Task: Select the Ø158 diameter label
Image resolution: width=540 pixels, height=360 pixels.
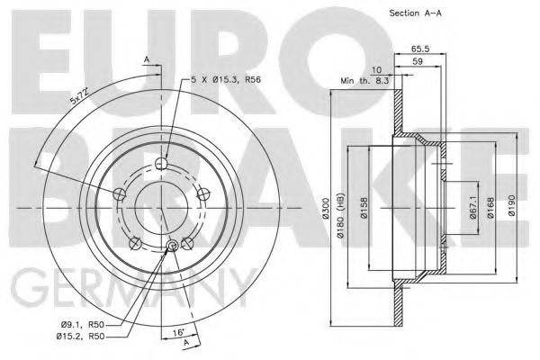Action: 369,215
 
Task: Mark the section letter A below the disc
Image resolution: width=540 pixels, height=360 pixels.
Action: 185,344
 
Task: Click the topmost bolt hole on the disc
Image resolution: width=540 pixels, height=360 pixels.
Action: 160,163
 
